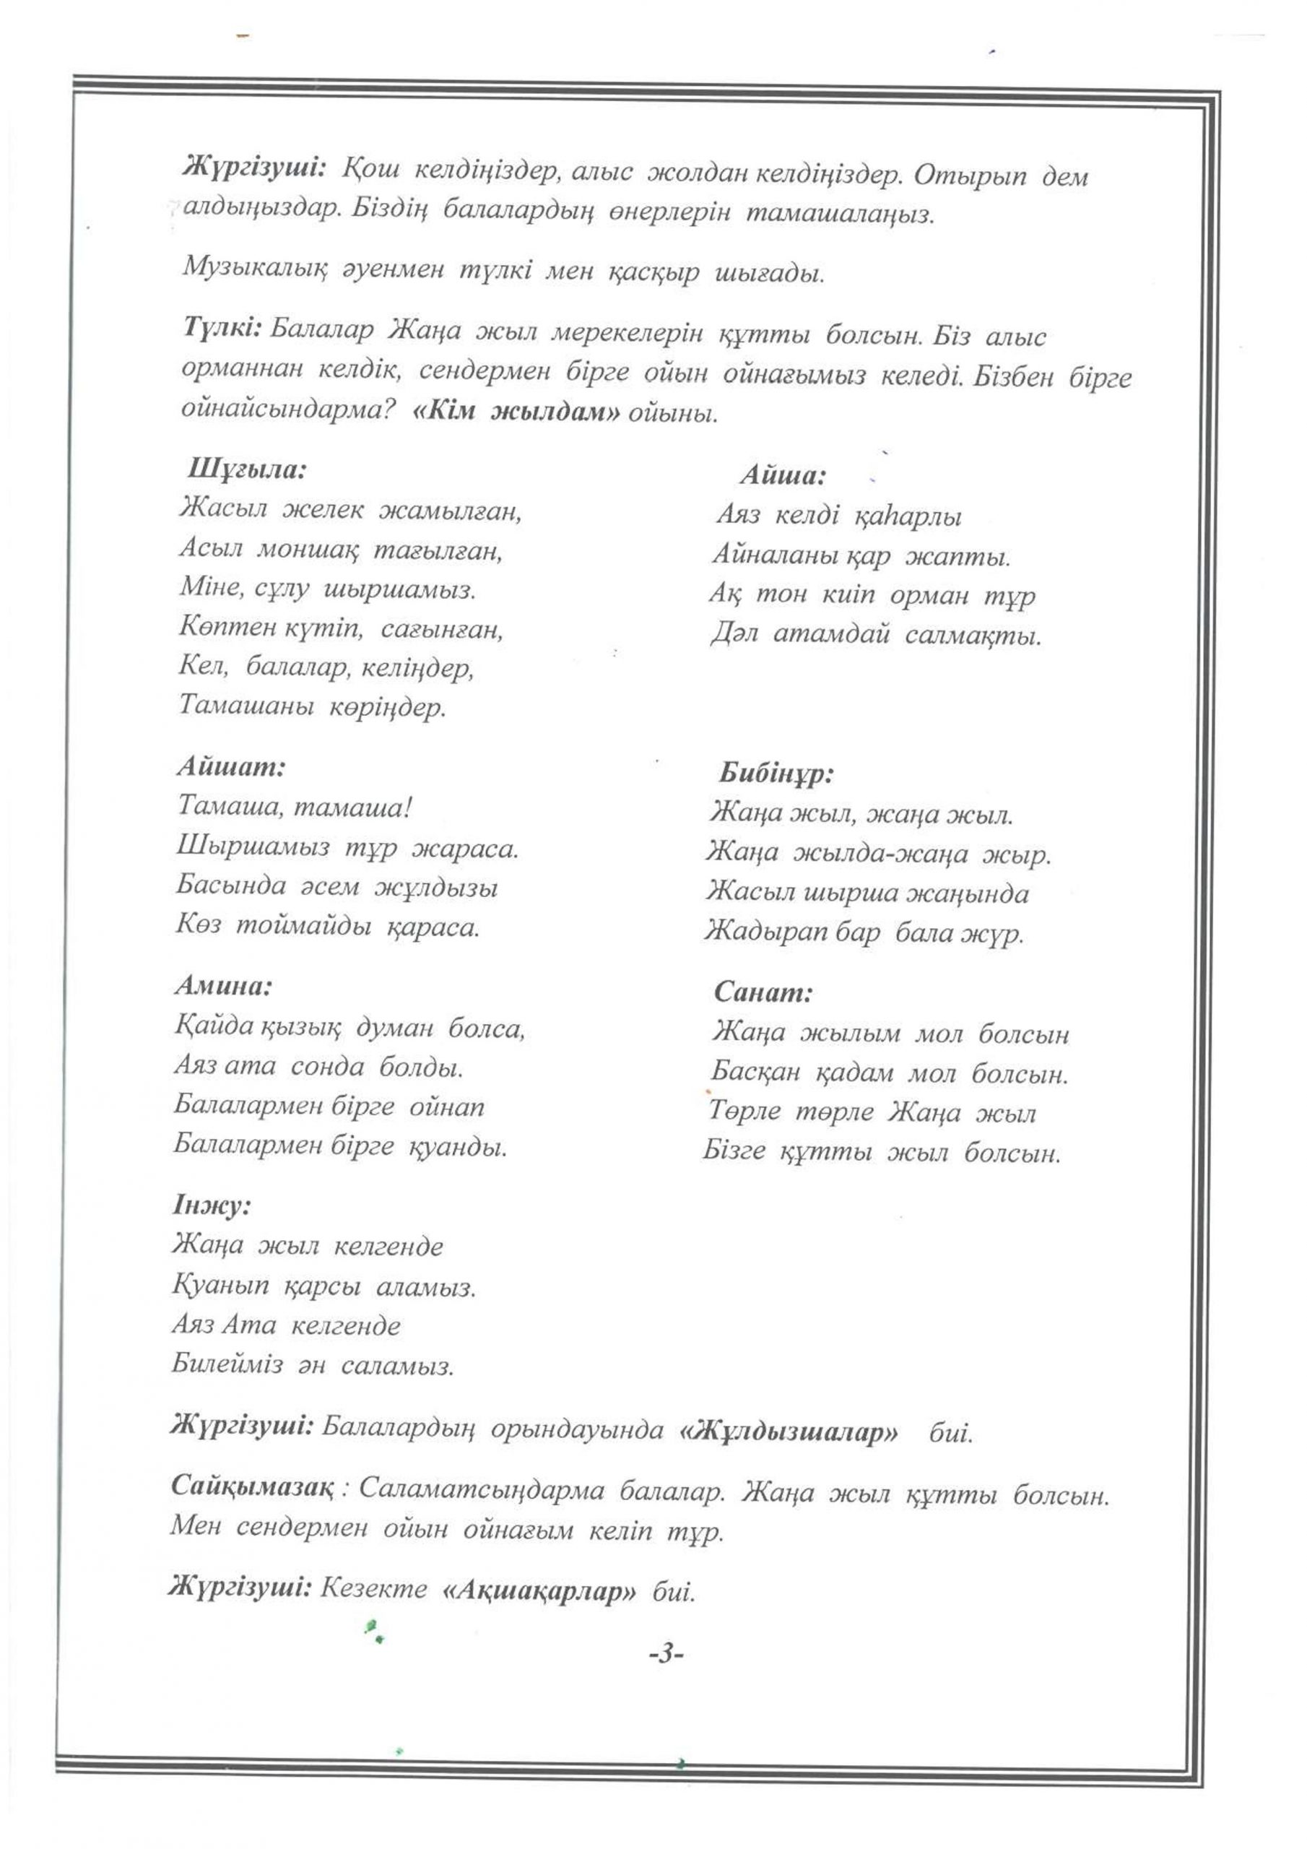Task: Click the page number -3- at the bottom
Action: point(666,1654)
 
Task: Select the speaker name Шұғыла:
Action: point(247,469)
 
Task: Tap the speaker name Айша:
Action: point(783,475)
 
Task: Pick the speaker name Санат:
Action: point(763,992)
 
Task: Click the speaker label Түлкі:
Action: point(223,329)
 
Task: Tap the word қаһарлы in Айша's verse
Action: point(907,516)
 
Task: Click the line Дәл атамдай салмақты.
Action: point(875,636)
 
